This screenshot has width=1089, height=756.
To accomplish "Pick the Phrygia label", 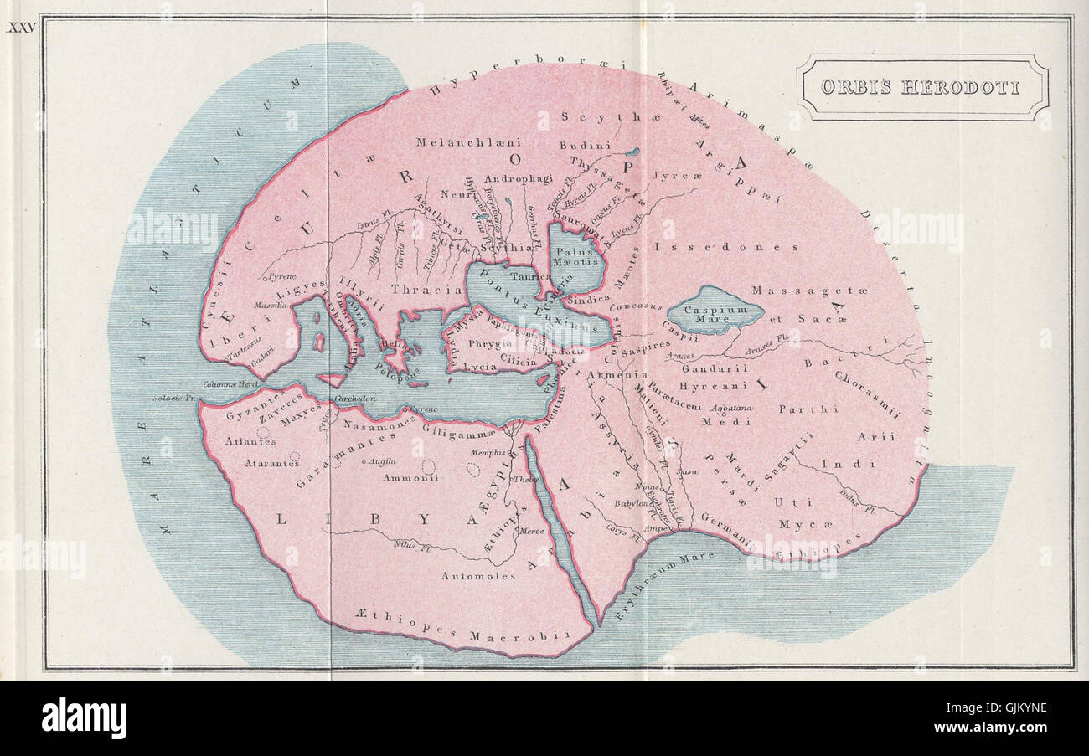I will pyautogui.click(x=489, y=344).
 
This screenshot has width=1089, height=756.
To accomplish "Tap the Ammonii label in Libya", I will pyautogui.click(x=410, y=478).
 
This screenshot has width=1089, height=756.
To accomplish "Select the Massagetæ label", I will pyautogui.click(x=809, y=291).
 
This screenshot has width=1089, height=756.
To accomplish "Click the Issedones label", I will pyautogui.click(x=726, y=247).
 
